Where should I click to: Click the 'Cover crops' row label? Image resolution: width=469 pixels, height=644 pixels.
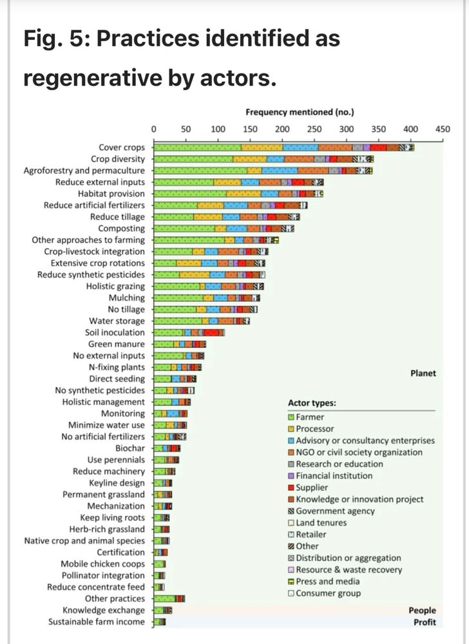[x=122, y=147]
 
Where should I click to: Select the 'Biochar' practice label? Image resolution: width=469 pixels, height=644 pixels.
[x=130, y=448]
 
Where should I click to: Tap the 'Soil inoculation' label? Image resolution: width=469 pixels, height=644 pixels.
[x=115, y=333]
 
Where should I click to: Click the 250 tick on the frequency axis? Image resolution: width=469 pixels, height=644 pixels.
[x=314, y=129]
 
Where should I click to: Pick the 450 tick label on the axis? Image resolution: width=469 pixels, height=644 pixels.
[x=443, y=129]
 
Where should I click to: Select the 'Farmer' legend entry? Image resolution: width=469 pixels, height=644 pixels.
[x=310, y=417]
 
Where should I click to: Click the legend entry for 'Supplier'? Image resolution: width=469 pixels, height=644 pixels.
[x=312, y=488]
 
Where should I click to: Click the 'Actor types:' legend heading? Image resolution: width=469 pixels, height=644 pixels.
[x=312, y=404]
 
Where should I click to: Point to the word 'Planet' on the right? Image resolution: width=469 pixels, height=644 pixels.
[x=423, y=374]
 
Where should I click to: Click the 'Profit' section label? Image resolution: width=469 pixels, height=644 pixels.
[x=425, y=622]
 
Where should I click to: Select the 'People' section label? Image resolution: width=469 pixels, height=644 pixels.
[x=422, y=611]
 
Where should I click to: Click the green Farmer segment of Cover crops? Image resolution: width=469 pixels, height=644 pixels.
[x=197, y=147]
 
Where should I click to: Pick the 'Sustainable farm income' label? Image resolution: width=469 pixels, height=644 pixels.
[x=97, y=622]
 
